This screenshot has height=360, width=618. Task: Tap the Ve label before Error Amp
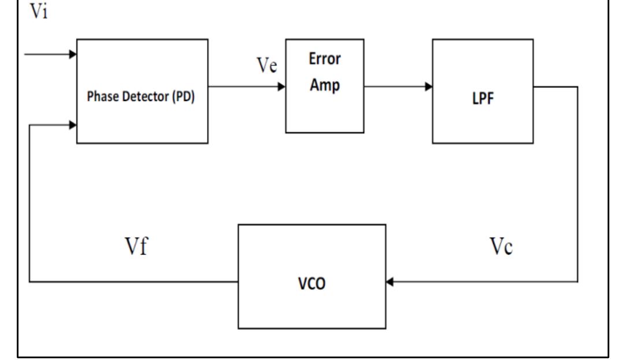(267, 66)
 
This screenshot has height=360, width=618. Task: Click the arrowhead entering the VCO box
(390, 282)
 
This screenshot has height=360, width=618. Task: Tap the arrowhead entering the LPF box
(428, 87)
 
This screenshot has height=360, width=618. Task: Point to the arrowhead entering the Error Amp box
(282, 87)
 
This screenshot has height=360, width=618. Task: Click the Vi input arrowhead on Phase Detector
(73, 54)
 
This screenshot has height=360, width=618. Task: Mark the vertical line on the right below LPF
(577, 185)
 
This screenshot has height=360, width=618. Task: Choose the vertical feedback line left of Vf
(29, 202)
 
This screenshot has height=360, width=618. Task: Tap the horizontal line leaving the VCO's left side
(133, 282)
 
